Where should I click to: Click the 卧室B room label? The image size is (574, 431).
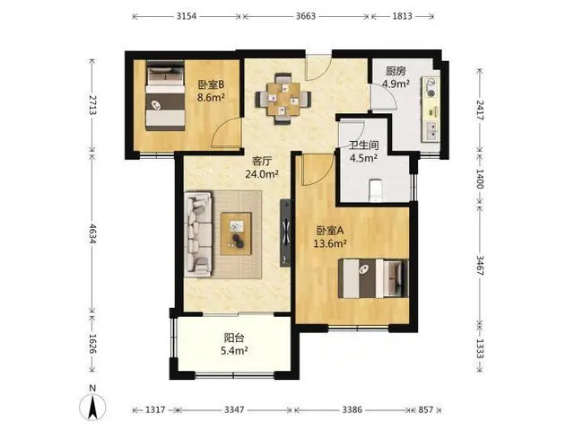pos(211,85)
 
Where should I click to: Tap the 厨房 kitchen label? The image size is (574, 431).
pos(396,71)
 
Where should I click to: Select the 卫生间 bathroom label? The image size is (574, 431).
pos(363,145)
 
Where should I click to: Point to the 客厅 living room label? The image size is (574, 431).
pos(262,162)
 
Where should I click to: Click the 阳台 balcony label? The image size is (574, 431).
pos(234,338)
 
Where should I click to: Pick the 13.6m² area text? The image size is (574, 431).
pos(330,243)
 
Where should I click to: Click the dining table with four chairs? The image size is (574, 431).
pos(283,99)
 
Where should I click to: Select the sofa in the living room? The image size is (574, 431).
pos(198,234)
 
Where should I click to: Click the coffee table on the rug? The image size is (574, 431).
pos(236,233)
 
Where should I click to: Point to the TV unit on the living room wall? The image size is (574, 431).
pos(285,233)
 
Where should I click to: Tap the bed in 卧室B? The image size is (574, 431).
pos(165,96)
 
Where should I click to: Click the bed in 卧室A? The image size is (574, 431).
pos(373,278)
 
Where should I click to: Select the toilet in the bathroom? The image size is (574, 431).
pos(375,190)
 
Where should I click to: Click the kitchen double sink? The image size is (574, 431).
pos(431,131)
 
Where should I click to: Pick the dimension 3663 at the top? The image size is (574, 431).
pos(306,16)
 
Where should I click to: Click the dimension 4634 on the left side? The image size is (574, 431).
pos(92,233)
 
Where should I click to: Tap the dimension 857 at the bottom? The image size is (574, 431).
pos(426,409)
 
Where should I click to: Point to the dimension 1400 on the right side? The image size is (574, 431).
pos(480,180)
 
